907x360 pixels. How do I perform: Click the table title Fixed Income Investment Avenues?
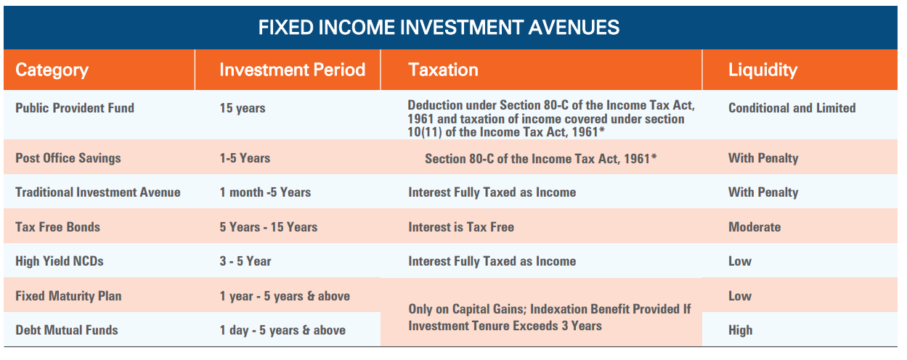(x=439, y=28)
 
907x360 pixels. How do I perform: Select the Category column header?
(x=52, y=70)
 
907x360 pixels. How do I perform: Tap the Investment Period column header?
(x=293, y=70)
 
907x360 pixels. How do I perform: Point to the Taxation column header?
(x=443, y=70)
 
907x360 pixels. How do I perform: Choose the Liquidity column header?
(x=762, y=70)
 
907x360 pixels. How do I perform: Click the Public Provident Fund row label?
(x=75, y=108)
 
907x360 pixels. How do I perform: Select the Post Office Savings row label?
(x=68, y=158)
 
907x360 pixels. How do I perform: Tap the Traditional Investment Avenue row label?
(x=97, y=192)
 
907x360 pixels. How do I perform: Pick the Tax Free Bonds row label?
(x=57, y=227)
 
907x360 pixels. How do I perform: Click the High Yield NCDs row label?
(x=59, y=261)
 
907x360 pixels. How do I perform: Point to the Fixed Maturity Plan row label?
(x=68, y=296)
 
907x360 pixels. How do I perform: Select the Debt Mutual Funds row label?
(x=66, y=330)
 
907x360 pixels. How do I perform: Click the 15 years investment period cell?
(x=242, y=108)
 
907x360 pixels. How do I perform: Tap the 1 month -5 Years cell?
(x=265, y=192)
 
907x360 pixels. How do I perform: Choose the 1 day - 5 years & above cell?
(x=282, y=330)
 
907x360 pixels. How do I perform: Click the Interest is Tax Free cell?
(x=461, y=227)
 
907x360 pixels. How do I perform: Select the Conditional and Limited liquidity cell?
(x=792, y=108)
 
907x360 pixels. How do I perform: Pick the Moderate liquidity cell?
(x=755, y=227)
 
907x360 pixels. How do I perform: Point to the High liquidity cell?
(x=740, y=330)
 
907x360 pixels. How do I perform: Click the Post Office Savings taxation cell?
(x=540, y=158)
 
